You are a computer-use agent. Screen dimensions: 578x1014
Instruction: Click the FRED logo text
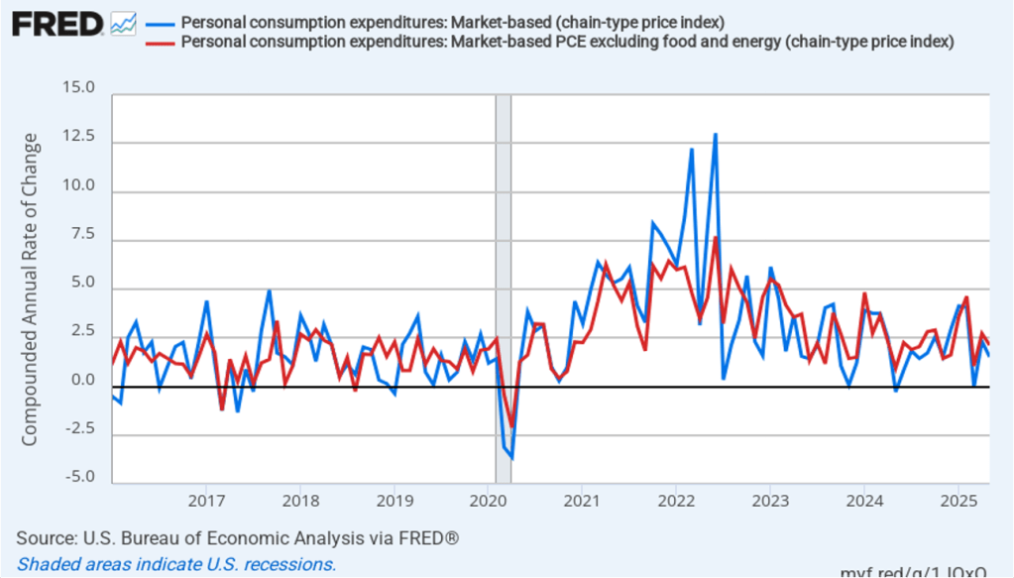pos(57,24)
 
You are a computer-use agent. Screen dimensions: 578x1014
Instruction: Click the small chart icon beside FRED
pos(124,23)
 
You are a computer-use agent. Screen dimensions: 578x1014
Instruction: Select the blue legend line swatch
pos(159,23)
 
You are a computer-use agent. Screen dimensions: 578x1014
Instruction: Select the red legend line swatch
pos(159,42)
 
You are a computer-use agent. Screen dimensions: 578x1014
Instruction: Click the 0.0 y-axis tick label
pos(82,380)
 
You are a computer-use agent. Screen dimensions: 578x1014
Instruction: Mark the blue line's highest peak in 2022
pos(715,134)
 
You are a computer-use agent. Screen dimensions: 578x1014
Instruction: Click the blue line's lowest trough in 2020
pos(511,458)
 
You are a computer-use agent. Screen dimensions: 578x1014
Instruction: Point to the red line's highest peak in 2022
pos(715,237)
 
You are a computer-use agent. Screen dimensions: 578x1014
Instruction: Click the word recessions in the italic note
pos(289,564)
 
